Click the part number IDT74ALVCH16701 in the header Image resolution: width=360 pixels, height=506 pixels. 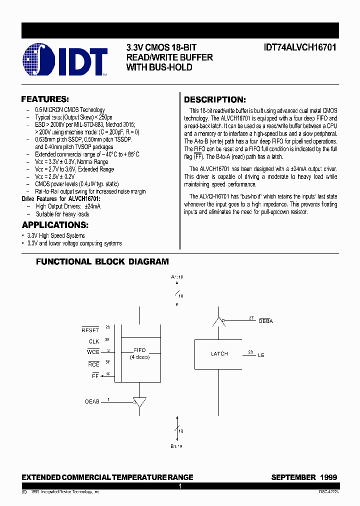(300, 47)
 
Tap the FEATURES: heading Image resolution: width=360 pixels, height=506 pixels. (45, 99)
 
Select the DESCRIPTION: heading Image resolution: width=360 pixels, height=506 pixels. (214, 99)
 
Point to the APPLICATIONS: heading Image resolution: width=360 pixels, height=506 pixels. (55, 225)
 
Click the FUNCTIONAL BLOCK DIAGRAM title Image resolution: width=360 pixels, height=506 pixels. (102, 261)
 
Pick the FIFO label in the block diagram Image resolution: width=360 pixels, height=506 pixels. (139, 350)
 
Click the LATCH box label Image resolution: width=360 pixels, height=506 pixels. (219, 353)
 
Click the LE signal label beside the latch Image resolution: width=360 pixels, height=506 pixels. (261, 355)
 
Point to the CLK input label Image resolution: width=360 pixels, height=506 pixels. (94, 341)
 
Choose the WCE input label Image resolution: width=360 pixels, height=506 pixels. (93, 352)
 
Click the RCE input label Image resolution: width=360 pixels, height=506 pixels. (93, 364)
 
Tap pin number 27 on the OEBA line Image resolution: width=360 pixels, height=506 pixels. (251, 317)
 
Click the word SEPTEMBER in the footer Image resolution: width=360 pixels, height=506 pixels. (293, 477)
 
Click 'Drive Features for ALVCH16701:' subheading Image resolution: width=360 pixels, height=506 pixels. (61, 198)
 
